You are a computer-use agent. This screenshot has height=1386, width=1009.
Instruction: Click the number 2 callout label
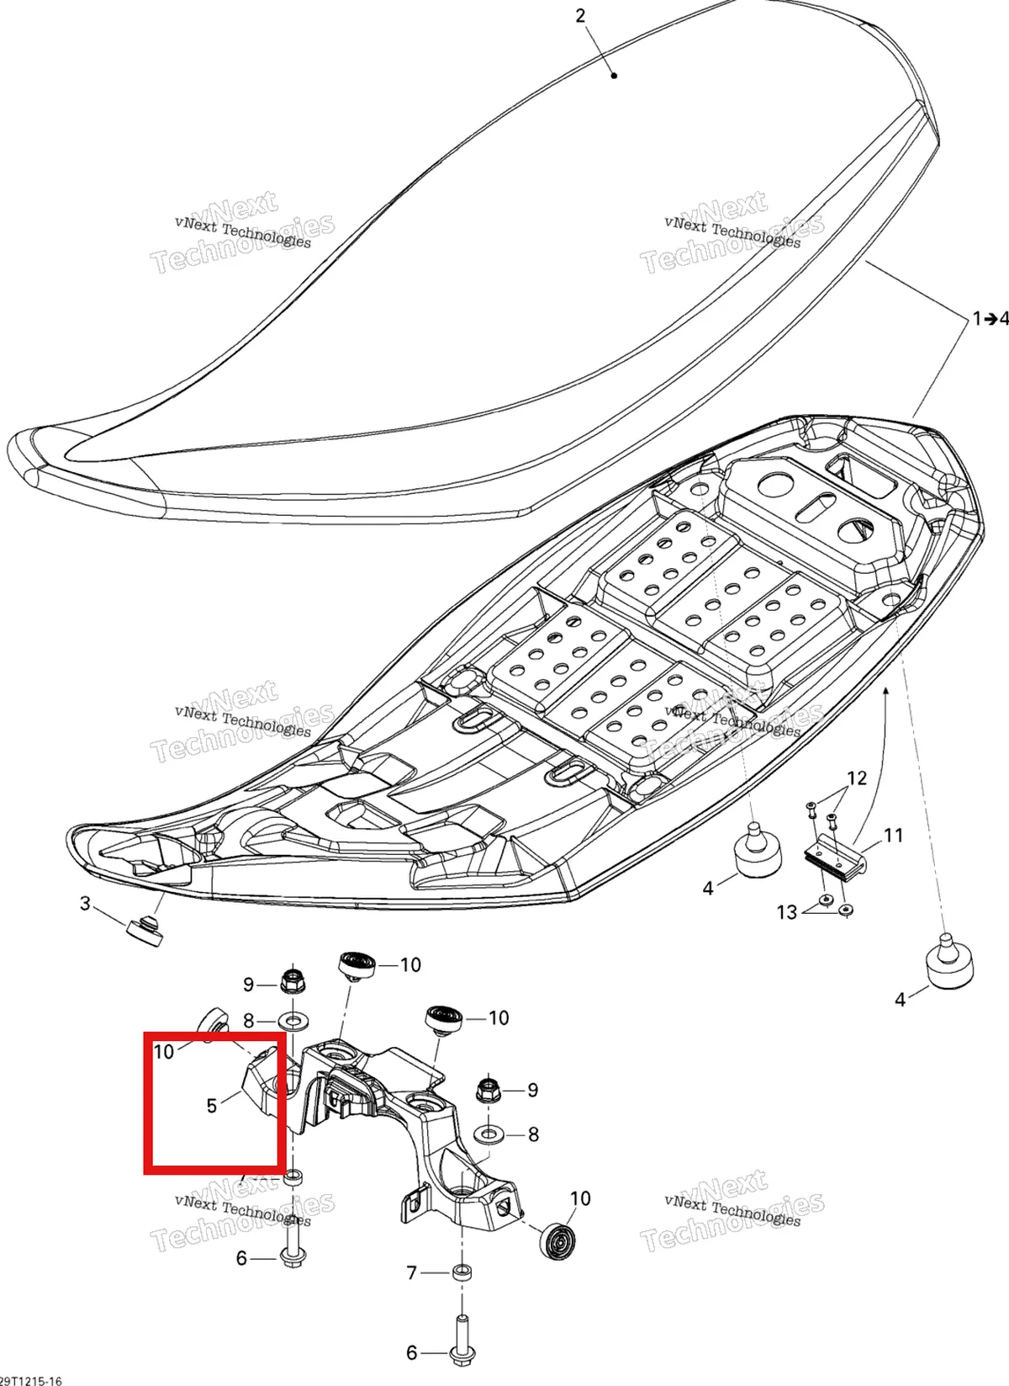point(580,16)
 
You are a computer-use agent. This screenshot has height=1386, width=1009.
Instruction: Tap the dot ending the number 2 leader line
point(614,76)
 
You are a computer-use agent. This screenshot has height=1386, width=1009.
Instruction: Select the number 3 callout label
point(85,904)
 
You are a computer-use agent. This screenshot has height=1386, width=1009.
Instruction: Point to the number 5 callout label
point(212,1106)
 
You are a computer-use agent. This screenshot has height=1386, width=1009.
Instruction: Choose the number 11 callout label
point(893,836)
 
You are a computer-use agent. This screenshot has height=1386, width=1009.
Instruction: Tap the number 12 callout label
point(857,778)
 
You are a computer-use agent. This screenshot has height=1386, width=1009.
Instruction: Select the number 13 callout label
point(787,912)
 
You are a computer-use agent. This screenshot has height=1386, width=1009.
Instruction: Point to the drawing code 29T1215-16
point(31,1380)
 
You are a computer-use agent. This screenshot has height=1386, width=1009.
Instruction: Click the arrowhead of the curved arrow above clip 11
point(885,691)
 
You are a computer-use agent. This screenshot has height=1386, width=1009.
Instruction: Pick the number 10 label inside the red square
point(164,1052)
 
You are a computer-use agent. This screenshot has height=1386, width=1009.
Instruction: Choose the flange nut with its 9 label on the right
point(489,1091)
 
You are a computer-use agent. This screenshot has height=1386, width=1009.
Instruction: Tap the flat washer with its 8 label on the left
point(298,1018)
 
